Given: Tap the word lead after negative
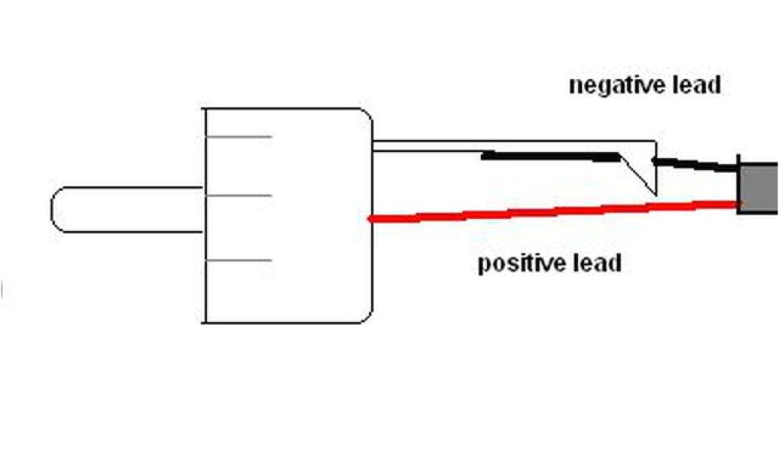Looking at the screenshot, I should pyautogui.click(x=693, y=84).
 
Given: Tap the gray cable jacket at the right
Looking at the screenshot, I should pyautogui.click(x=758, y=187).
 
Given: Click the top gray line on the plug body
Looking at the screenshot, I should pyautogui.click(x=238, y=137).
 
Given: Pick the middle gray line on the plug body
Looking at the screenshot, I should pyautogui.click(x=238, y=196).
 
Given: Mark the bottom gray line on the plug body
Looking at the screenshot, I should pyautogui.click(x=238, y=261).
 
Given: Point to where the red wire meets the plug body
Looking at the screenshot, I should pyautogui.click(x=370, y=219).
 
